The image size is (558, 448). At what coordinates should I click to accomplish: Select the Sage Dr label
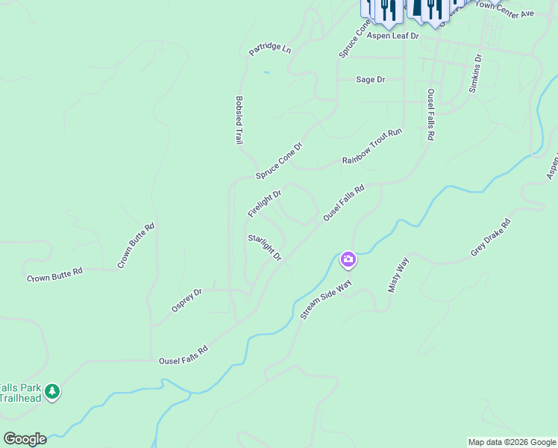[x=370, y=79]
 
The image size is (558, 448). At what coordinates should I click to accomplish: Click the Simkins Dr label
[x=476, y=72]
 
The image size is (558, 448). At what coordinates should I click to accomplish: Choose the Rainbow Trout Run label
[x=372, y=146]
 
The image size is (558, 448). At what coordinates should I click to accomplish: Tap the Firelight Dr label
[x=264, y=203]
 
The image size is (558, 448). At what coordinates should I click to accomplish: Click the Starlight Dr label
[x=265, y=247]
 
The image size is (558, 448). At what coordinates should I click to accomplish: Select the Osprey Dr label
[x=186, y=301]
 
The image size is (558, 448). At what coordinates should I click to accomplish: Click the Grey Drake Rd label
[x=490, y=237]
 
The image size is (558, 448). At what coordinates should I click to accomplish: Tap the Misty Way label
[x=398, y=274]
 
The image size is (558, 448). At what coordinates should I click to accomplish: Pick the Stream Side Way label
[x=325, y=300]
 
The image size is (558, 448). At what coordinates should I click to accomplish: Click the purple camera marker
[x=348, y=260]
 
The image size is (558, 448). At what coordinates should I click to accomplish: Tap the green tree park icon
[x=51, y=391]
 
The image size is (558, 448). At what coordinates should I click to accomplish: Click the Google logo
[x=24, y=438]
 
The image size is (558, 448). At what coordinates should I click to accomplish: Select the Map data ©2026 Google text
[x=512, y=442]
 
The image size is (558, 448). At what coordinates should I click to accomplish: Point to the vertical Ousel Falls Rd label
[x=430, y=115]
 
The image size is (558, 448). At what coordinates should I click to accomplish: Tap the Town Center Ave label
[x=505, y=9]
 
